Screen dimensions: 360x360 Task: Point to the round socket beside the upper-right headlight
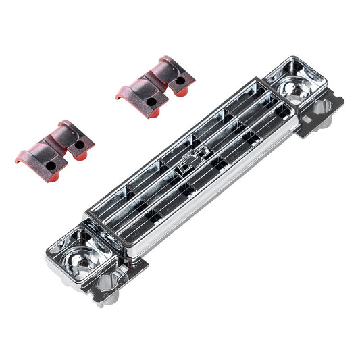point(322,106)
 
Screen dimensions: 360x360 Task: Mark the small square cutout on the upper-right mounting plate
point(302,122)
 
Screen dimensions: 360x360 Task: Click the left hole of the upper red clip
point(151,101)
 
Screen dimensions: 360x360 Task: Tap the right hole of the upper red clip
point(180,80)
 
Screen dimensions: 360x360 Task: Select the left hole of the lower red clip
point(51,165)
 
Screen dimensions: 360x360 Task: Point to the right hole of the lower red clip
point(80,145)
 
